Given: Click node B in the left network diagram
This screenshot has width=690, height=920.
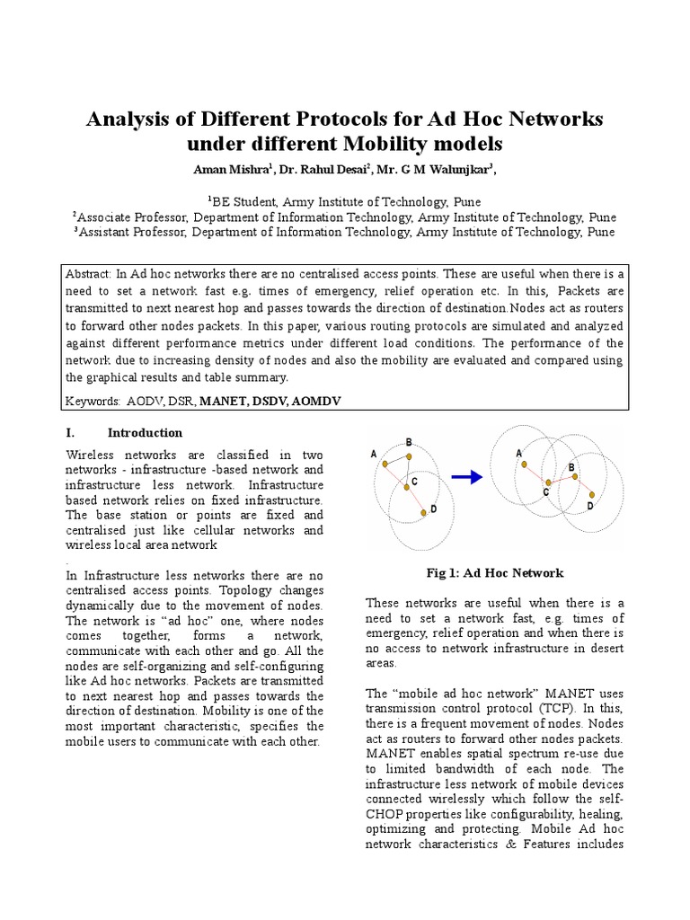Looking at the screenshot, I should coord(408,456).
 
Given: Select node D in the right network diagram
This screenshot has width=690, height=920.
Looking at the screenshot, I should coord(592,495).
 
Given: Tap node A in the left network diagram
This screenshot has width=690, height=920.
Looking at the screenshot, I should coord(385,464).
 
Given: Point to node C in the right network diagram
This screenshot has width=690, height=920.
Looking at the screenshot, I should coord(547,483).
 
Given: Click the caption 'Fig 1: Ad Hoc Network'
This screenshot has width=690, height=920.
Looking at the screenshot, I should coord(495,572).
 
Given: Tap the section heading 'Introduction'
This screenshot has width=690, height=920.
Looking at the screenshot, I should coord(145,432).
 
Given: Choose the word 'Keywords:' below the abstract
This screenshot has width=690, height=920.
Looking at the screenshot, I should coord(94,400).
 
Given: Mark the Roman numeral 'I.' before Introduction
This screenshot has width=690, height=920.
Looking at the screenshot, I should coord(73,432).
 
